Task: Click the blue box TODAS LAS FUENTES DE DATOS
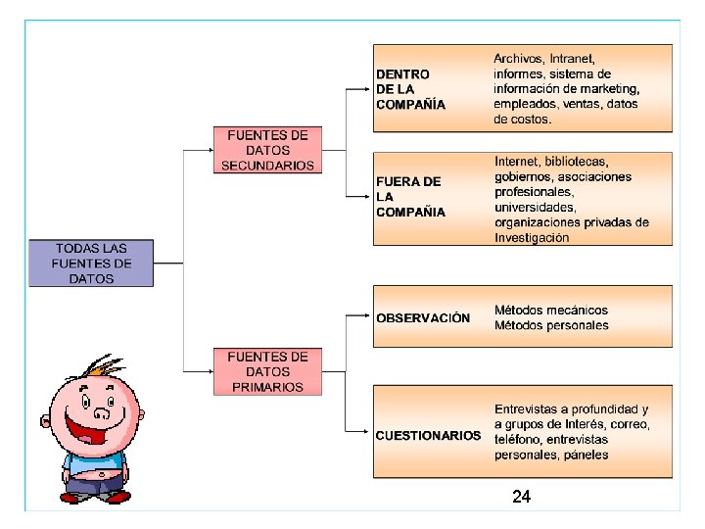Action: click(x=91, y=264)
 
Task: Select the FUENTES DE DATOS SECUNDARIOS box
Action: click(x=267, y=150)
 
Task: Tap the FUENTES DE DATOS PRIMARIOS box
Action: click(x=267, y=371)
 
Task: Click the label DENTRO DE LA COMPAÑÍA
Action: click(x=410, y=88)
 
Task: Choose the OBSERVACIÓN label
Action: click(x=423, y=317)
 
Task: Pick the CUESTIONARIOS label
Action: click(x=428, y=435)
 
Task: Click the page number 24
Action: click(x=521, y=498)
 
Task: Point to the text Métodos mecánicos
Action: click(x=551, y=311)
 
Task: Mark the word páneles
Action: click(x=585, y=455)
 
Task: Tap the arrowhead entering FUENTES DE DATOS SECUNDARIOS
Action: click(x=211, y=150)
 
